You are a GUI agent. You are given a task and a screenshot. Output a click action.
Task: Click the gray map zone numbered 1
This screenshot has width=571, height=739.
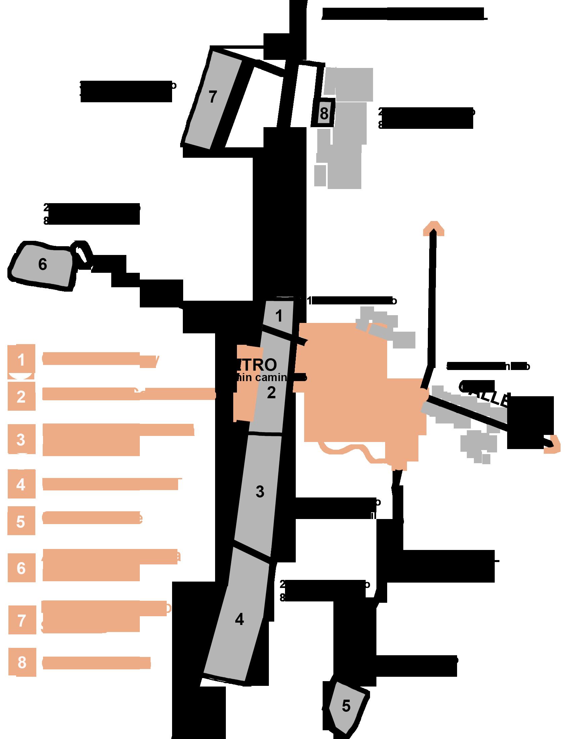(279, 316)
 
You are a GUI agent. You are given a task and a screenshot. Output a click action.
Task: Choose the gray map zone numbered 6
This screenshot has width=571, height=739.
(42, 265)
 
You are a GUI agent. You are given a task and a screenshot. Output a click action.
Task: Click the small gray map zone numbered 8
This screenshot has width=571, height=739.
(324, 113)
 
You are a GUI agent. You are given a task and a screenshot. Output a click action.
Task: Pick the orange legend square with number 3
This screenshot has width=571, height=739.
(21, 440)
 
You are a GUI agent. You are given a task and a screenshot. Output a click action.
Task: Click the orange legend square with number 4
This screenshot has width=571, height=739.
(21, 484)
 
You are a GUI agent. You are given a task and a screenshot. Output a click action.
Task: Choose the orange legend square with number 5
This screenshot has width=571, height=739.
(21, 521)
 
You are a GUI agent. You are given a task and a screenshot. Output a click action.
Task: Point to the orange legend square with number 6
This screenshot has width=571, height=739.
(21, 568)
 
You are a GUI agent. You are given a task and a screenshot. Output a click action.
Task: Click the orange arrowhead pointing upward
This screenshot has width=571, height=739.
(433, 228)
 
